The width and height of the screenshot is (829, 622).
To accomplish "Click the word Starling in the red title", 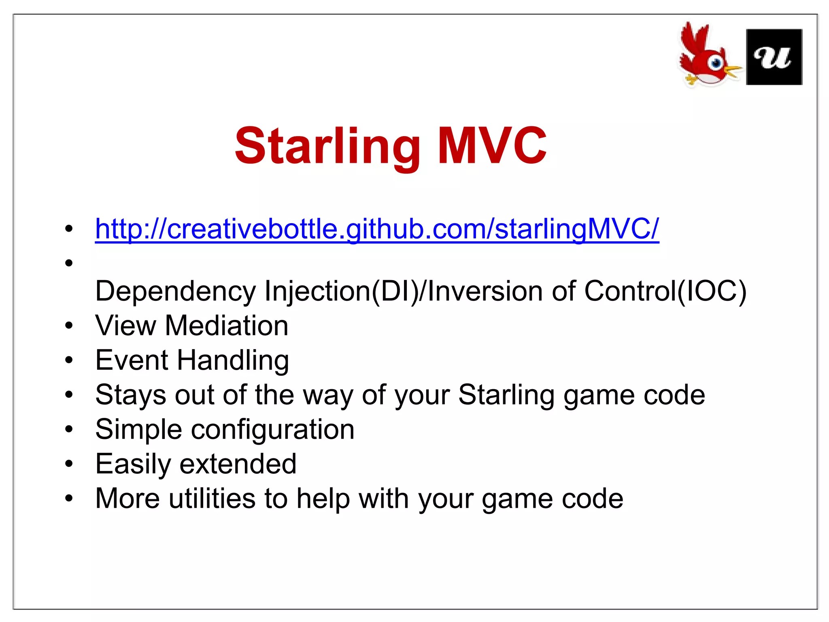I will point(328,147).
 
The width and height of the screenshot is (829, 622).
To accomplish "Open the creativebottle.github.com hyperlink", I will point(376,229).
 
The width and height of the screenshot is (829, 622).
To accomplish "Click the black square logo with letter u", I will point(774,57).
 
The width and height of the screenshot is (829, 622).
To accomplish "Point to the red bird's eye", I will point(716,63).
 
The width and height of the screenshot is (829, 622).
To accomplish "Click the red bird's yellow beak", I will point(732,71).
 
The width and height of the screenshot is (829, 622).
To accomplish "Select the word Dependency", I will point(175,292).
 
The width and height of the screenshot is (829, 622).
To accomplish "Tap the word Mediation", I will point(226,326).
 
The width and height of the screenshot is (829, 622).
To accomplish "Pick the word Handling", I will point(233,360).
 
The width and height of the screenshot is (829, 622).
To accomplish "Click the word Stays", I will point(130,395).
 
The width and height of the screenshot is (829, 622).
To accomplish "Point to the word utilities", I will point(212,498).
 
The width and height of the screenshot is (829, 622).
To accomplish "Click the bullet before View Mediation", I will point(69,326).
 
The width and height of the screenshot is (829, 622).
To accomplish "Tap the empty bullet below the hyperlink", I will point(69,263).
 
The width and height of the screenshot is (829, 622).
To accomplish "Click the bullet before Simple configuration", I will point(69,429).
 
